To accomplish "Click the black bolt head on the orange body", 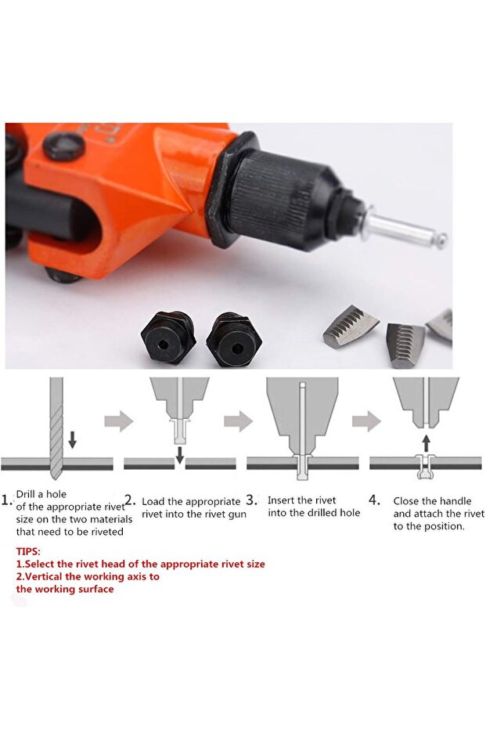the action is [x=64, y=147].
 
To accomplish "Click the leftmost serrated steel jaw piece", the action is [x=351, y=326].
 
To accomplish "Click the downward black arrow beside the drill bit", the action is [x=72, y=439].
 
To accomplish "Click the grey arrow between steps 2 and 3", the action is [x=238, y=421].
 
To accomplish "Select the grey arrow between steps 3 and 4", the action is [x=366, y=421].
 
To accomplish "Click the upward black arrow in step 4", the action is [x=427, y=444].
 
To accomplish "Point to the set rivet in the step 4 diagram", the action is [x=425, y=466].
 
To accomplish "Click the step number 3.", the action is [x=251, y=500].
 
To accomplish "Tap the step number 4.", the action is [x=375, y=500].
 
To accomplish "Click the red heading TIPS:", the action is [x=28, y=551].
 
